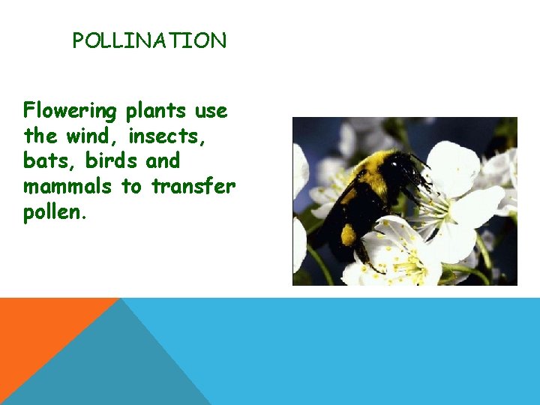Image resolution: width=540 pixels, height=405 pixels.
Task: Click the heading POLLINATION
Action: (149, 41)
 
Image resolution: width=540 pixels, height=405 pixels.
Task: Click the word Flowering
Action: (70, 112)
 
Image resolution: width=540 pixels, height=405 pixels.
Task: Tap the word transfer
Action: (193, 186)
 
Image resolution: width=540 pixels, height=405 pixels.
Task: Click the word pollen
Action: (54, 211)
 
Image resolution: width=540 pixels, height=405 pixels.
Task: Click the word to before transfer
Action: (131, 186)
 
